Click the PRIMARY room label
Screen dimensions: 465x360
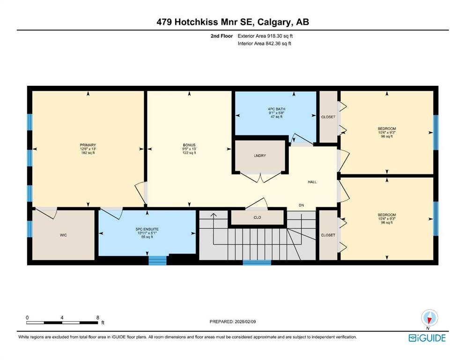88,145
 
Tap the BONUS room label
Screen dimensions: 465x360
189,145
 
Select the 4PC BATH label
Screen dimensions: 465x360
277,109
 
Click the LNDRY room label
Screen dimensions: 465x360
260,156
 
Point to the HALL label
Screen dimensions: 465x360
312,182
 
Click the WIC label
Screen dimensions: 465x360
64,235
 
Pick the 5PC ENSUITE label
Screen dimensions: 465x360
147,229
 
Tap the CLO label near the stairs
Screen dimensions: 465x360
258,217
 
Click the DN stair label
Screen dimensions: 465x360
301,205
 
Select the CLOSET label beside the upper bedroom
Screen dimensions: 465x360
328,117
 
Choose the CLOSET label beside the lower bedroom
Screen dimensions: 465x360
328,235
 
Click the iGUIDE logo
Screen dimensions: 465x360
427,338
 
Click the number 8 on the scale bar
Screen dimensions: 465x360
98,317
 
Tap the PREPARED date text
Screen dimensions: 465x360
233,322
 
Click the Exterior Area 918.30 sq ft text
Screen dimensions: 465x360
265,36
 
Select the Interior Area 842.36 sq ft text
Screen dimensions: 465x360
264,43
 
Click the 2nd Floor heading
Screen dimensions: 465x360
221,36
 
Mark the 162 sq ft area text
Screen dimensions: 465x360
88,153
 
